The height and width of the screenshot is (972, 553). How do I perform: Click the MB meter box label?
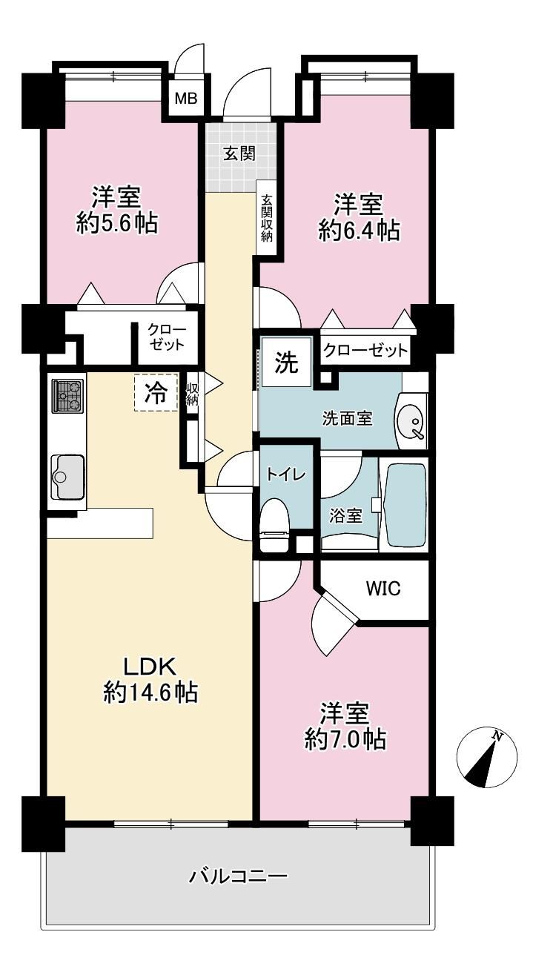pyautogui.click(x=186, y=99)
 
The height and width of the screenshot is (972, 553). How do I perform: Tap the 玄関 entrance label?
pyautogui.click(x=239, y=153)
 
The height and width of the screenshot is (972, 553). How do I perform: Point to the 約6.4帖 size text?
pyautogui.click(x=359, y=231)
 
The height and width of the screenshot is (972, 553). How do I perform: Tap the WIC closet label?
pyautogui.click(x=383, y=589)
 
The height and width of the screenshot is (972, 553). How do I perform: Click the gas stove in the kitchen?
pyautogui.click(x=67, y=396)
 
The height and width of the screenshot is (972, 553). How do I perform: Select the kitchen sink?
pyautogui.click(x=67, y=477)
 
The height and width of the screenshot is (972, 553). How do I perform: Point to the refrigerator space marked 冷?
pyautogui.click(x=156, y=391)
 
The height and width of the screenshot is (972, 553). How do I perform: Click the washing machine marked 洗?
pyautogui.click(x=287, y=362)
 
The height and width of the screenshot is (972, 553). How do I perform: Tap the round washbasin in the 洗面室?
pyautogui.click(x=411, y=422)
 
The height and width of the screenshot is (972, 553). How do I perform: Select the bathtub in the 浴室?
pyautogui.click(x=405, y=506)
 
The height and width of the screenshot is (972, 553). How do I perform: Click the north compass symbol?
pyautogui.click(x=486, y=759)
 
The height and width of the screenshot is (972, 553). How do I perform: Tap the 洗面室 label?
pyautogui.click(x=347, y=418)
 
